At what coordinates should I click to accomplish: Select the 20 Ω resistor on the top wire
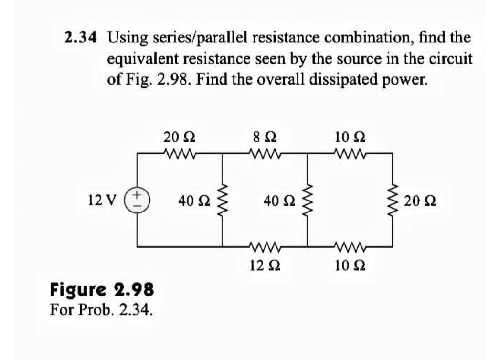click(x=179, y=154)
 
